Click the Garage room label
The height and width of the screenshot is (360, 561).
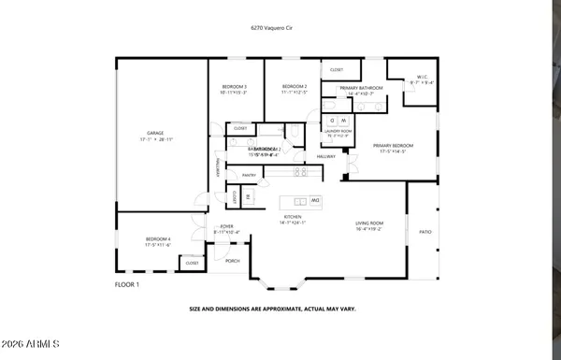[x=155, y=134]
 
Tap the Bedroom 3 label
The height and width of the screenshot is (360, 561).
[x=233, y=87]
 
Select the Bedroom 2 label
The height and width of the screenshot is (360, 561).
[x=293, y=87]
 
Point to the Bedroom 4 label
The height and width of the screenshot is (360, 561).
[x=157, y=239]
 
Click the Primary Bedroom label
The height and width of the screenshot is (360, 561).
[x=393, y=146]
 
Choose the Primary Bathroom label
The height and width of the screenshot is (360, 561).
[x=347, y=87]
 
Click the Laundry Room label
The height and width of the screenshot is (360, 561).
[x=338, y=131]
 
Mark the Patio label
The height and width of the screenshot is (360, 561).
[x=424, y=232]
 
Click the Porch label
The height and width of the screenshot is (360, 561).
[x=232, y=261]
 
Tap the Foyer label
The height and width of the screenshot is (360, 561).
[x=225, y=226]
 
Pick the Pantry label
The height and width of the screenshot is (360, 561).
[x=249, y=175]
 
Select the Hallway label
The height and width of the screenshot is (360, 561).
[x=325, y=156]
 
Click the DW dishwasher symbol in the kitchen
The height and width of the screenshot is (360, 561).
[x=315, y=201]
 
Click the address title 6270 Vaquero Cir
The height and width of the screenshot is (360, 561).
[x=280, y=30]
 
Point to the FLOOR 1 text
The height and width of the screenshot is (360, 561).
[x=126, y=283]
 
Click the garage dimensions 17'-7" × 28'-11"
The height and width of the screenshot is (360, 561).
[x=155, y=140]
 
